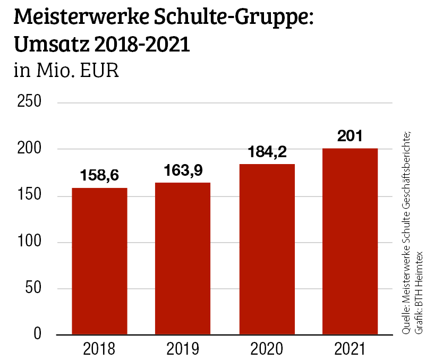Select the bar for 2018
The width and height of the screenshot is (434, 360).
(99, 261)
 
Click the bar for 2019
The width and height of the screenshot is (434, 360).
(182, 259)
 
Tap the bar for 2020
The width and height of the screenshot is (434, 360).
(267, 250)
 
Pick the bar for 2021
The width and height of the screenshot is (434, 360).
(350, 242)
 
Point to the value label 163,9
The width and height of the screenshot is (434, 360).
(182, 170)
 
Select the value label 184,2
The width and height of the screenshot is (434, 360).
(267, 152)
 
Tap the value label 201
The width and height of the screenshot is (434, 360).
(350, 136)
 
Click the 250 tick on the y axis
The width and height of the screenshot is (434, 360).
(30, 102)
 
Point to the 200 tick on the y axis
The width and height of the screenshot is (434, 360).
(30, 149)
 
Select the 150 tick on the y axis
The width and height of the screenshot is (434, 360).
(30, 196)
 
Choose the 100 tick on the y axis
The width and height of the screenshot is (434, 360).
(30, 242)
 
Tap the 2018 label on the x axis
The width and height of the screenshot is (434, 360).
(99, 349)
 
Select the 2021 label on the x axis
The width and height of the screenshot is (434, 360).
(350, 349)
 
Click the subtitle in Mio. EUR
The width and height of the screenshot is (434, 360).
(66, 71)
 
